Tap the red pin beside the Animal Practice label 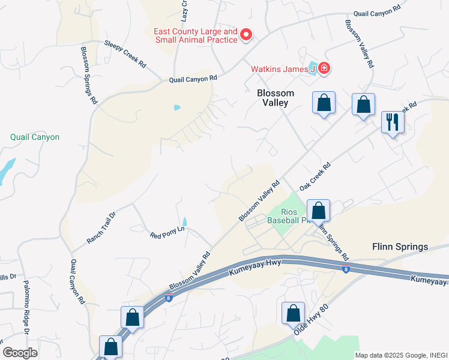[x=246, y=35]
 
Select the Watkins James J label [x=283, y=70]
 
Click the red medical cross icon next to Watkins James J [x=324, y=69]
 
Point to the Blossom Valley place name [x=276, y=98]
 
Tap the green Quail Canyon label [x=35, y=137]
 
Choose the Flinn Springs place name [x=400, y=247]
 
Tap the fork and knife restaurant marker [x=393, y=122]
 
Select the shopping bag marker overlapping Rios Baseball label [x=318, y=211]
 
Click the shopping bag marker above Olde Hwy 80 [x=292, y=313]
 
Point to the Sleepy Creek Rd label [x=125, y=53]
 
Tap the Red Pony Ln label [x=167, y=232]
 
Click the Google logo [x=20, y=353]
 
